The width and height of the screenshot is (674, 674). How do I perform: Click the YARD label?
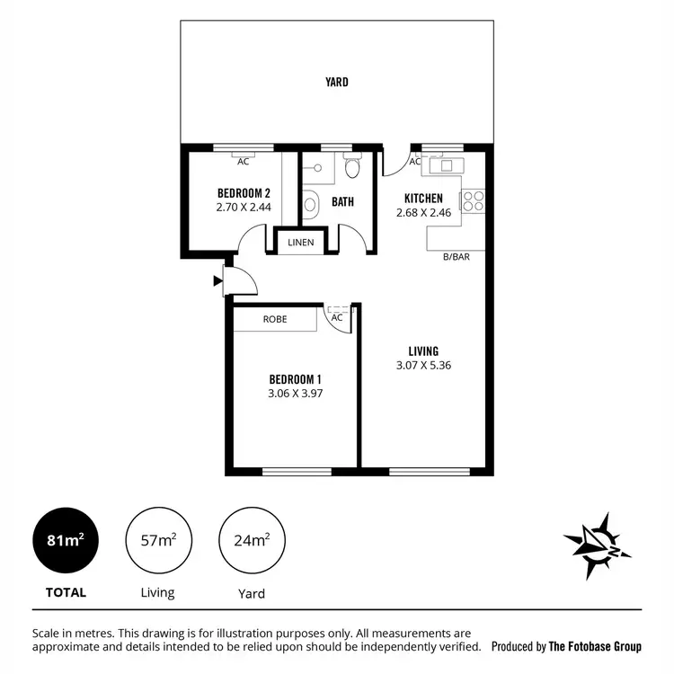pyautogui.click(x=337, y=82)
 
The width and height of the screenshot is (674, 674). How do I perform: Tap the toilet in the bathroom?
pyautogui.click(x=352, y=168)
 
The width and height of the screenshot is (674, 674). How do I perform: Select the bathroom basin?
pyautogui.click(x=311, y=204)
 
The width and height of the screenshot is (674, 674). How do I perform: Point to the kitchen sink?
pyautogui.click(x=442, y=165)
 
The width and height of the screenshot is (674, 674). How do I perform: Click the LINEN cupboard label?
pyautogui.click(x=299, y=243)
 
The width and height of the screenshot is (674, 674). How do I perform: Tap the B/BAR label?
pyautogui.click(x=456, y=257)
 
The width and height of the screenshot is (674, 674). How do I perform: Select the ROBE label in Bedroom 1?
pyautogui.click(x=275, y=319)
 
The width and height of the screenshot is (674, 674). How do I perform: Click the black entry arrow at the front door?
pyautogui.click(x=217, y=281)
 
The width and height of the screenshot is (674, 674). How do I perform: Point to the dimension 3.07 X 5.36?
pyautogui.click(x=423, y=367)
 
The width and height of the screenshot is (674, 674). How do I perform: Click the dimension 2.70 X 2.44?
pyautogui.click(x=244, y=207)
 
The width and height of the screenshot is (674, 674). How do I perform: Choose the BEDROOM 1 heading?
pyautogui.click(x=296, y=378)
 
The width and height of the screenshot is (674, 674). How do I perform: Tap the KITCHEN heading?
pyautogui.click(x=423, y=198)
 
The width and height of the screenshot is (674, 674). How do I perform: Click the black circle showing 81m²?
pyautogui.click(x=66, y=541)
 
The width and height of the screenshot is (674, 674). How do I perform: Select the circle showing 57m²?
pyautogui.click(x=158, y=541)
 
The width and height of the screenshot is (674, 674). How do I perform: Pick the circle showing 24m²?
pyautogui.click(x=251, y=541)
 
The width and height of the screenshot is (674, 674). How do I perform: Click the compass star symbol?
pyautogui.click(x=596, y=544)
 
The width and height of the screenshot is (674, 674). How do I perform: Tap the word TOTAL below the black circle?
pyautogui.click(x=66, y=592)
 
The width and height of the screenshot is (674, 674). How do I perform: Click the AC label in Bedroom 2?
pyautogui.click(x=243, y=162)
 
